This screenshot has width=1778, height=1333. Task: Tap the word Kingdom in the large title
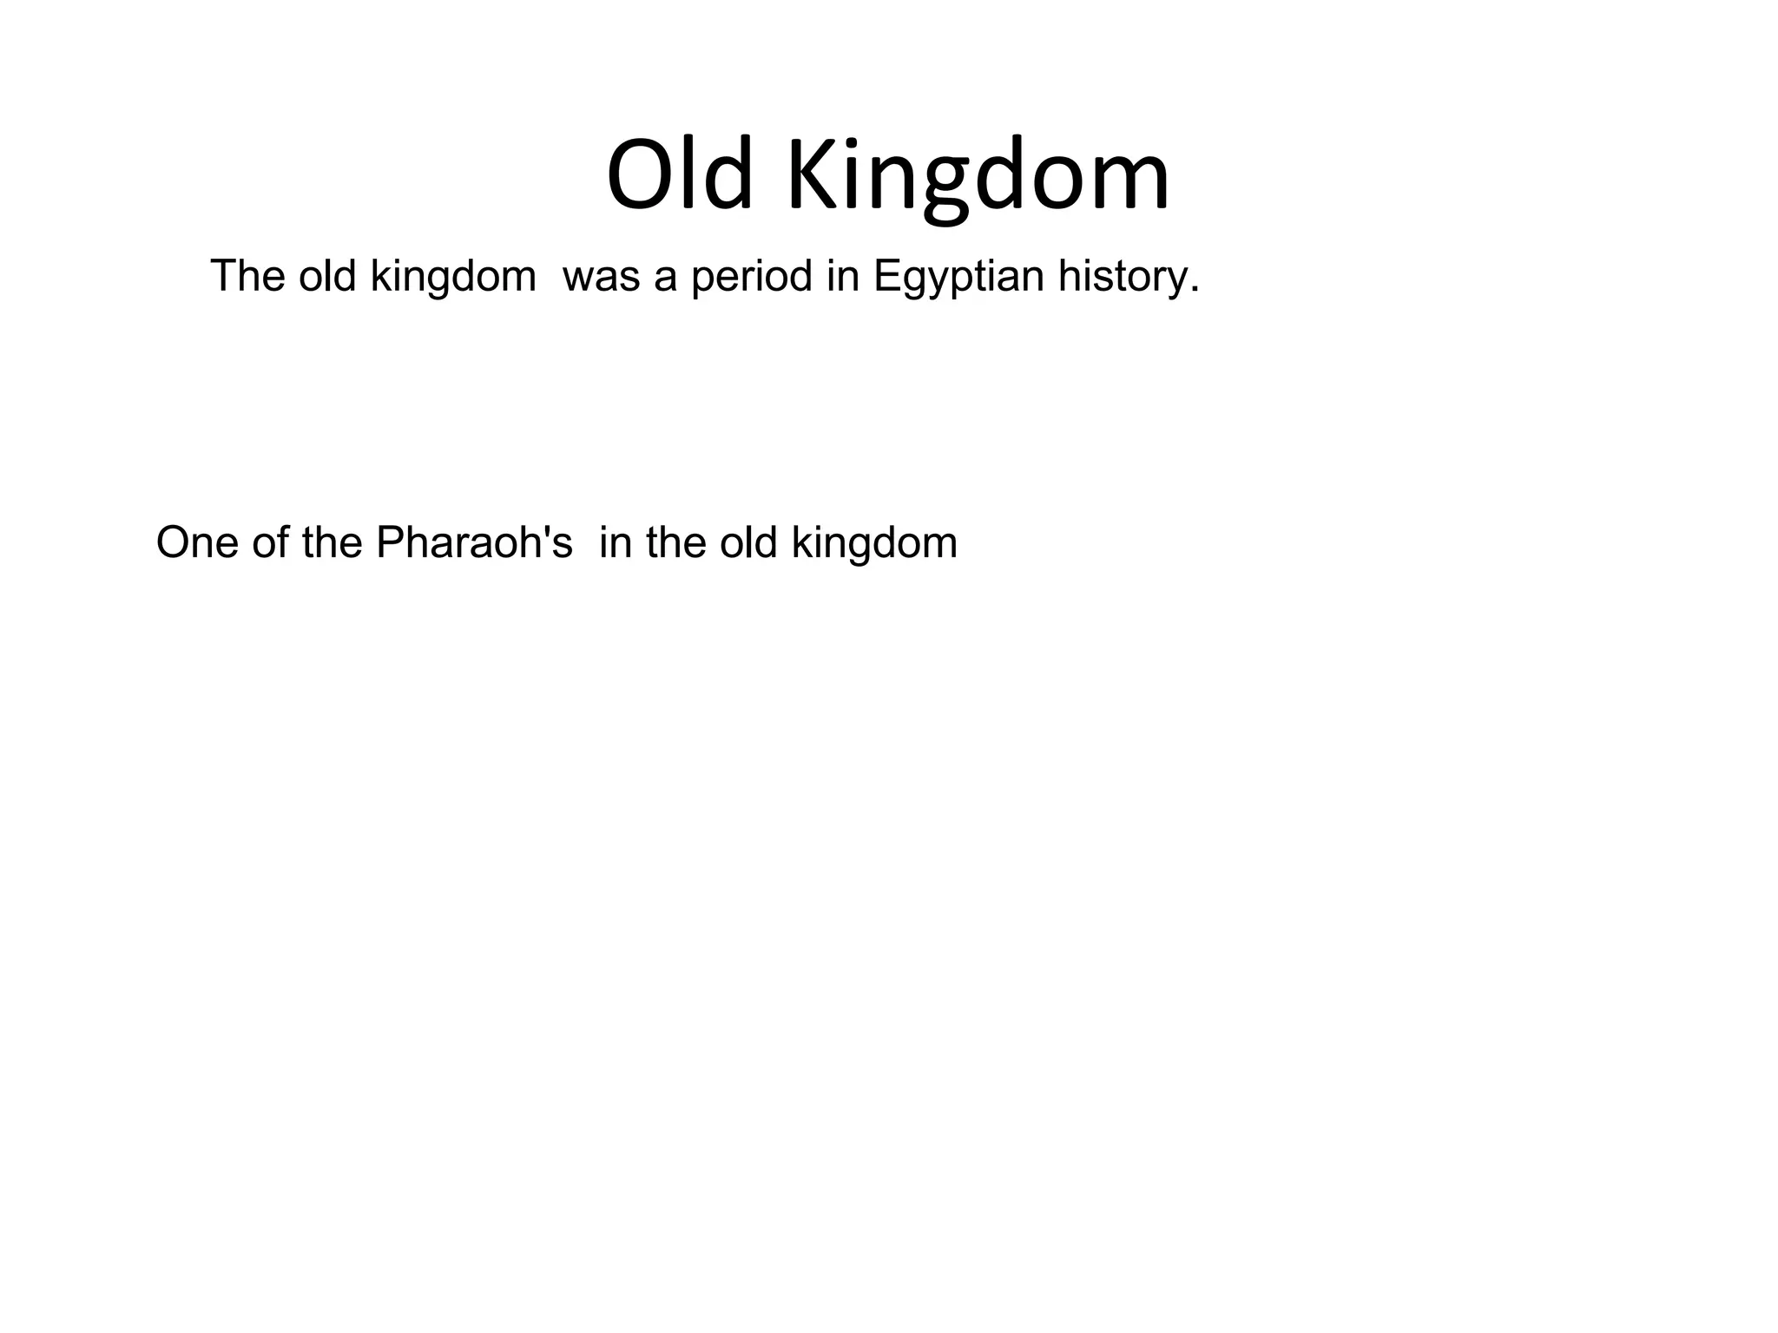tap(978, 178)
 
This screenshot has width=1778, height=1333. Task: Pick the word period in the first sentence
tap(752, 278)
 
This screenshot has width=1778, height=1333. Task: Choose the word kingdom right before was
tap(453, 278)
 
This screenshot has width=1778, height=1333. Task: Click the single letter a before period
tap(666, 280)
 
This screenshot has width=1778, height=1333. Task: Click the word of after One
tap(270, 543)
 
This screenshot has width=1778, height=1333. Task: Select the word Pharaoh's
tap(474, 543)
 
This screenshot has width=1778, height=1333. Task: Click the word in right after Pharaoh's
tap(613, 543)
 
